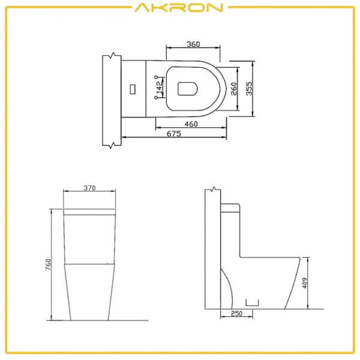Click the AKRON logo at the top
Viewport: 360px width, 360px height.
tap(179, 8)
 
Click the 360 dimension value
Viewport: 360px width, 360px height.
tap(193, 44)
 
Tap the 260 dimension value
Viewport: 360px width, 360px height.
tap(234, 89)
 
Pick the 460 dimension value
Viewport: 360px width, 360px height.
tap(191, 124)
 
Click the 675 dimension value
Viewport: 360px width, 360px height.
tap(173, 134)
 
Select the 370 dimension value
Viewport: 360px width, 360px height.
tap(89, 188)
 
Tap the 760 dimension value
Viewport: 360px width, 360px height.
tap(48, 264)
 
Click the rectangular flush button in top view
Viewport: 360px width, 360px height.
tap(133, 89)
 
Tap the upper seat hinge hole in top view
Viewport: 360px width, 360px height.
tap(157, 78)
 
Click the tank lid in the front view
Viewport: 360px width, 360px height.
tap(89, 211)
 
